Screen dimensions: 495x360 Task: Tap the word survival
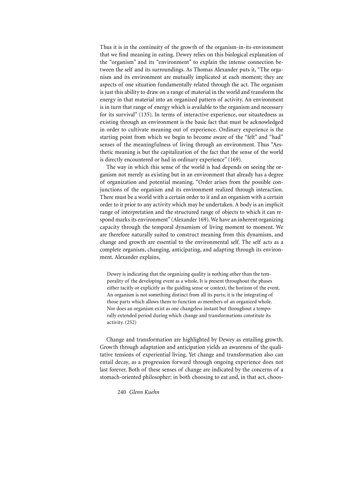tap(123, 115)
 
